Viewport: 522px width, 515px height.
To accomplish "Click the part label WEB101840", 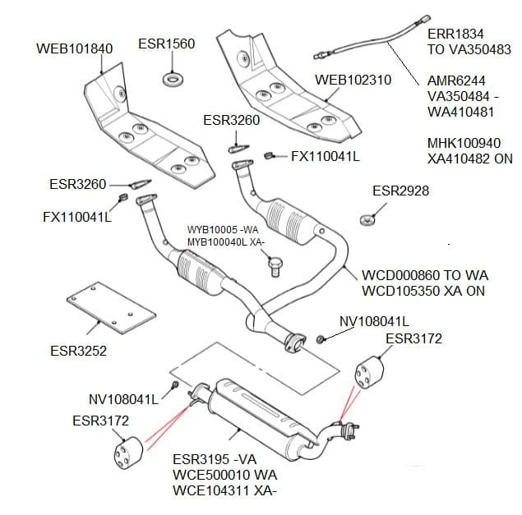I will click(74, 48).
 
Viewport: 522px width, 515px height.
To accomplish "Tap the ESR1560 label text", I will click(167, 44).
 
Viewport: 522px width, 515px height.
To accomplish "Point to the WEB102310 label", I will click(353, 80).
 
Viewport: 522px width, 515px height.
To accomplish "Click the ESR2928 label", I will click(400, 191).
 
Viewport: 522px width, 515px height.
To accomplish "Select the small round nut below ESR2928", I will click(367, 220).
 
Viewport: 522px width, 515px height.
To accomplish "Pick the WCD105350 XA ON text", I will click(423, 291).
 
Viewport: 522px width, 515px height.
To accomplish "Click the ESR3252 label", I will click(78, 351).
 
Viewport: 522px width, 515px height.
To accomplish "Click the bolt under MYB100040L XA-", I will click(277, 264).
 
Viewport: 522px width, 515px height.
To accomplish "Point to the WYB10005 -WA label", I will click(224, 230).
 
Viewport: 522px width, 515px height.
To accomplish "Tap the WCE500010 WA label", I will click(224, 476).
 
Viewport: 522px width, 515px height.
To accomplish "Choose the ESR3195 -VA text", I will click(214, 460).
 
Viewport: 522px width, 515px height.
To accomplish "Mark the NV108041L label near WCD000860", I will click(374, 320).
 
